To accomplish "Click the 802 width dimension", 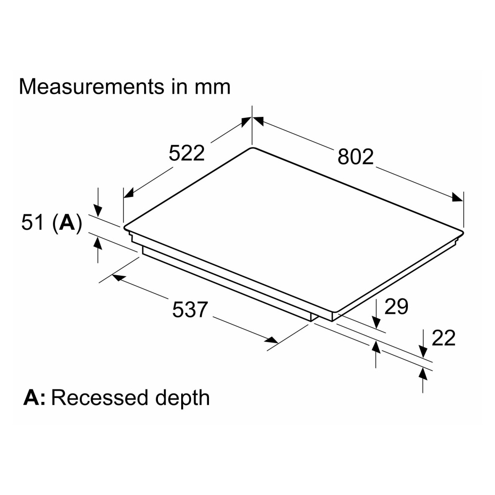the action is point(355,156).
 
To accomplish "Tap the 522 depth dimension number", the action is point(187,153).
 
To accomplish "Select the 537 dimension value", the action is point(190,309).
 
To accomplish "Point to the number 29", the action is point(396,306).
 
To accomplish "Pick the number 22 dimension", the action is point(443,338).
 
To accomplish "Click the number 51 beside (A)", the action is point(32,222).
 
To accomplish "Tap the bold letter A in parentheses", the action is point(67,223).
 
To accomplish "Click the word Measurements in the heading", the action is point(92,86).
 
